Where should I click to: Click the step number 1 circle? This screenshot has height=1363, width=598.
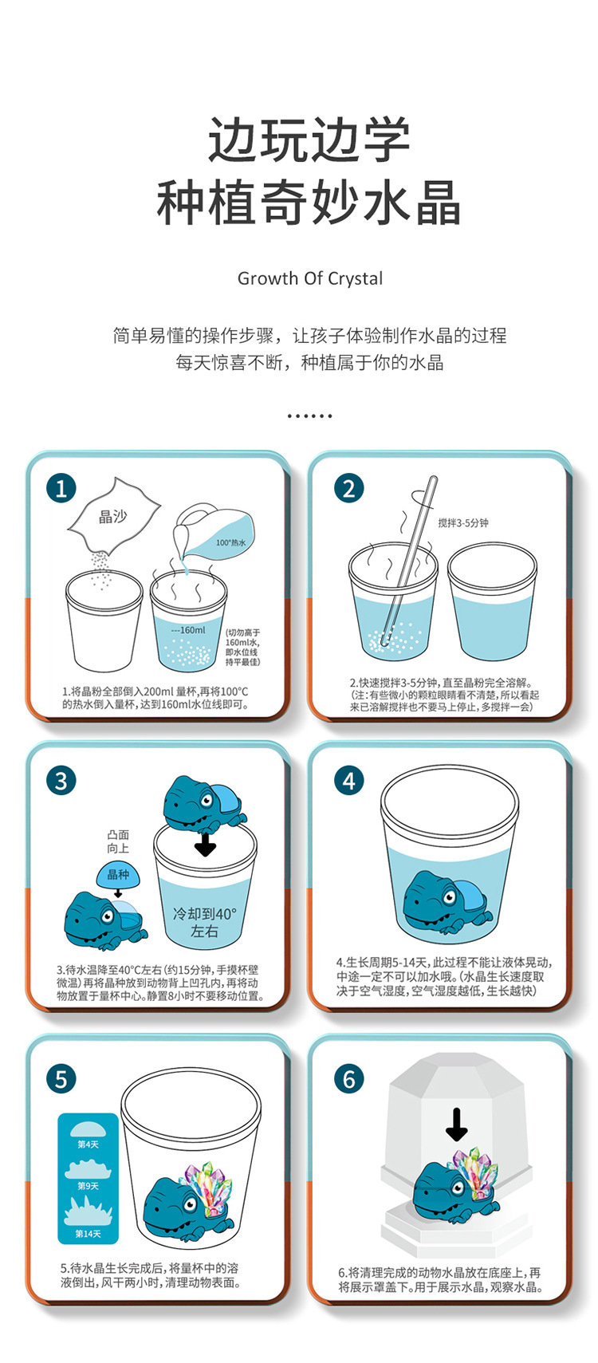(x=61, y=488)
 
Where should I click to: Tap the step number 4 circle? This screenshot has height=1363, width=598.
(x=348, y=781)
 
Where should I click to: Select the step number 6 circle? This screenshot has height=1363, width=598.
(x=348, y=1079)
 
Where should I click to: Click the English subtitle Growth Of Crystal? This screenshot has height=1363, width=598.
(x=309, y=278)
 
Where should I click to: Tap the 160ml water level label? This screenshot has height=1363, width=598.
(x=190, y=630)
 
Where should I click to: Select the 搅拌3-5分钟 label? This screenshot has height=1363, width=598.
(x=463, y=523)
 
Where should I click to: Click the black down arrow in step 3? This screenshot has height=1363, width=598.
(x=206, y=845)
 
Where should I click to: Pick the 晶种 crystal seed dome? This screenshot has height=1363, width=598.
(x=118, y=876)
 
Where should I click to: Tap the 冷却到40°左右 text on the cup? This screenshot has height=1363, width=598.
(x=205, y=922)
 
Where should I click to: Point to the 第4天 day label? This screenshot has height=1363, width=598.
(x=88, y=1144)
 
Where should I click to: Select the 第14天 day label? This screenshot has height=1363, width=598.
(x=88, y=1234)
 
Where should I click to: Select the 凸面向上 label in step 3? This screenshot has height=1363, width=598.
(x=118, y=841)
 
